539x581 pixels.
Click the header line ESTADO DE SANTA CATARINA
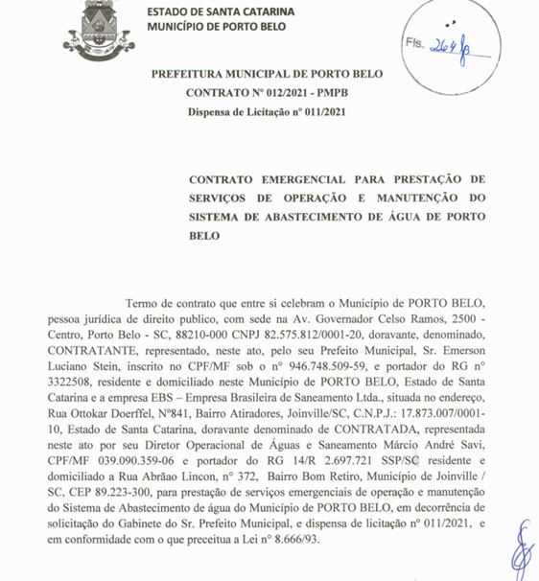pyautogui.click(x=222, y=12)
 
